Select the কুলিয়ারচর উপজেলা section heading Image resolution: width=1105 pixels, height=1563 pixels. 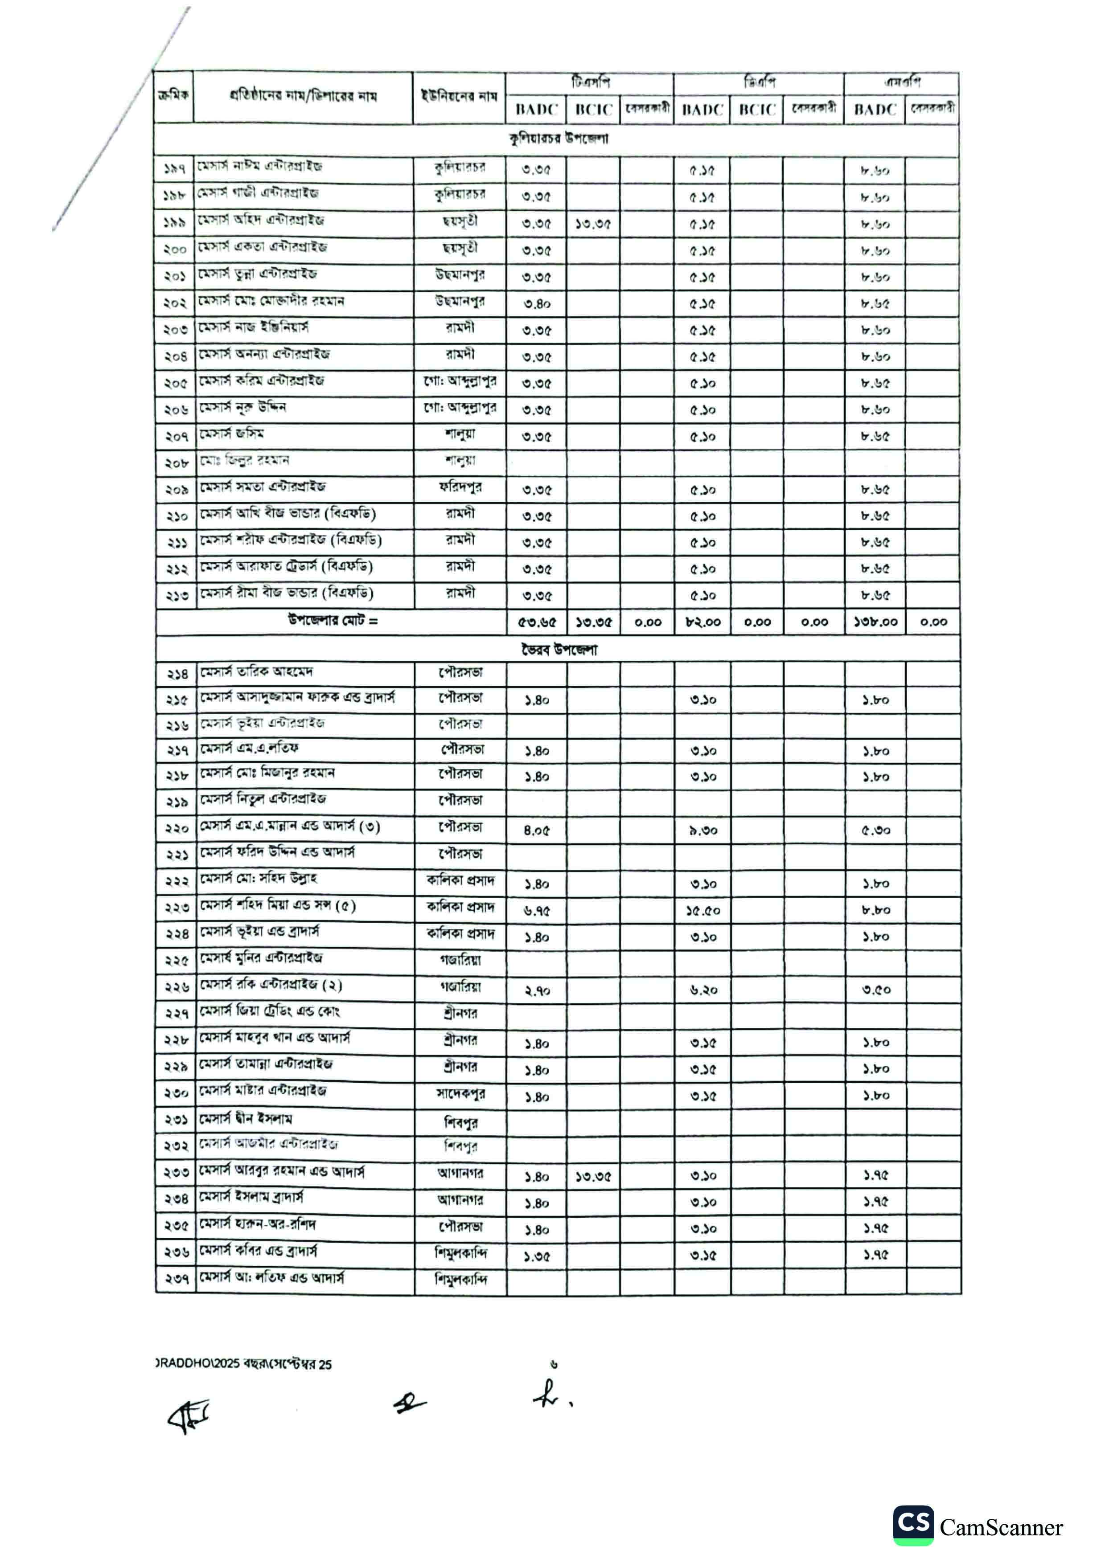(x=558, y=139)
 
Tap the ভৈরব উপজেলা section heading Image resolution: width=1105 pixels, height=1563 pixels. (x=558, y=650)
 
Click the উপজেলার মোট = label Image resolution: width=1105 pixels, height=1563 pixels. (x=332, y=621)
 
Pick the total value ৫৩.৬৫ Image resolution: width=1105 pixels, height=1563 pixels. (x=537, y=622)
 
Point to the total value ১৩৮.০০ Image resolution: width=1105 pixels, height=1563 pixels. (x=875, y=622)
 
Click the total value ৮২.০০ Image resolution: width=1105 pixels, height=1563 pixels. (x=702, y=622)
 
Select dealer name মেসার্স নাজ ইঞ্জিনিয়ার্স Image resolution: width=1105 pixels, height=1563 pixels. (x=253, y=327)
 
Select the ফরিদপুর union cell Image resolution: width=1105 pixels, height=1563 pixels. (x=460, y=487)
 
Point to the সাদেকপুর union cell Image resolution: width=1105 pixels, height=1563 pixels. (x=460, y=1093)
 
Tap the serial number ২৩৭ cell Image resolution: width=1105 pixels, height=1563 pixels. (x=177, y=1280)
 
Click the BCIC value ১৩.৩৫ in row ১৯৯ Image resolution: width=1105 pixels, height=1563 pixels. (x=592, y=224)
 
